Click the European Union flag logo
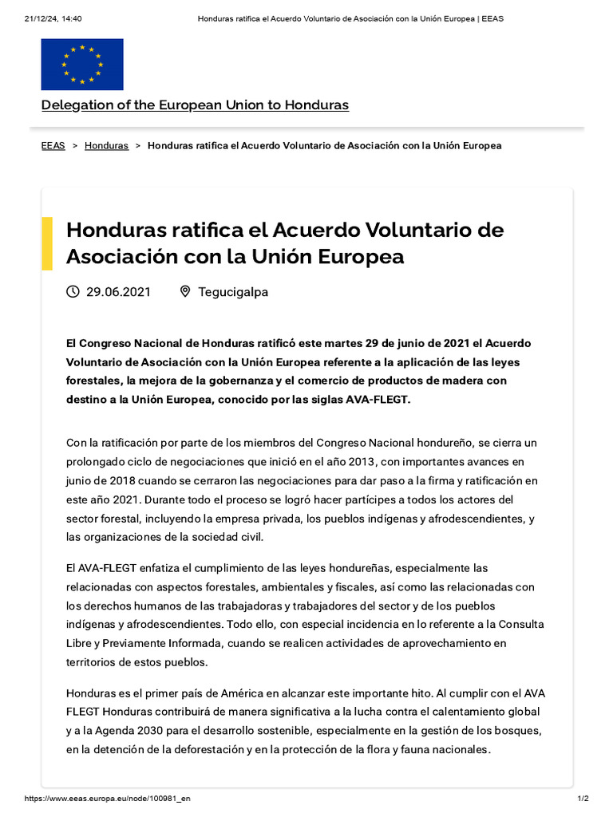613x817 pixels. pos(82,65)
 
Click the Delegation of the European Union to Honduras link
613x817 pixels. pos(195,105)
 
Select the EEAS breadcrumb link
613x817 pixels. pos(53,146)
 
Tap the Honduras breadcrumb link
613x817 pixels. pos(106,146)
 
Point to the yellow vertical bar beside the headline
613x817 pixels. pos(47,243)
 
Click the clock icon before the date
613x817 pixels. pos(73,292)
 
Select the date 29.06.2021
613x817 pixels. pos(118,292)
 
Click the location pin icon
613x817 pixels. pos(185,292)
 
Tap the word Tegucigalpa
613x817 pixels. pos(233,292)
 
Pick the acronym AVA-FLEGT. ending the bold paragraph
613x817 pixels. pos(376,399)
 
